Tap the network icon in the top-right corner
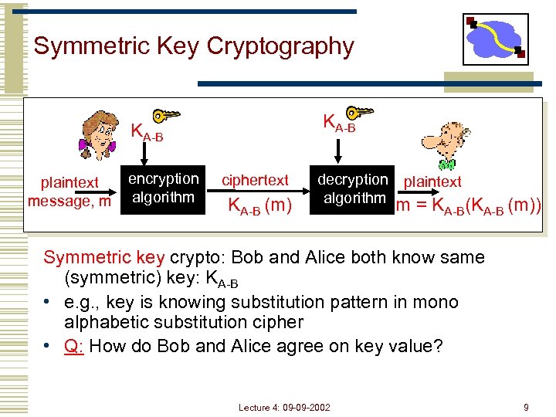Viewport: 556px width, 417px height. point(495,39)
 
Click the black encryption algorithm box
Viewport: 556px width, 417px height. point(163,190)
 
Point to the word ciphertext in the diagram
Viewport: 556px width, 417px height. point(255,181)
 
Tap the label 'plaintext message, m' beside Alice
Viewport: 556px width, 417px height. point(69,192)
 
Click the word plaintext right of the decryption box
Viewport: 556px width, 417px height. point(432,181)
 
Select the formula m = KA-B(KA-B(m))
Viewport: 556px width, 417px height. point(468,206)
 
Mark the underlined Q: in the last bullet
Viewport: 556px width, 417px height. point(74,345)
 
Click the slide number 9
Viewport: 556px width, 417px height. point(526,407)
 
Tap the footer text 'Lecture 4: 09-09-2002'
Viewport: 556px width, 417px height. point(284,407)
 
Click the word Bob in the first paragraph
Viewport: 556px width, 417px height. point(246,257)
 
